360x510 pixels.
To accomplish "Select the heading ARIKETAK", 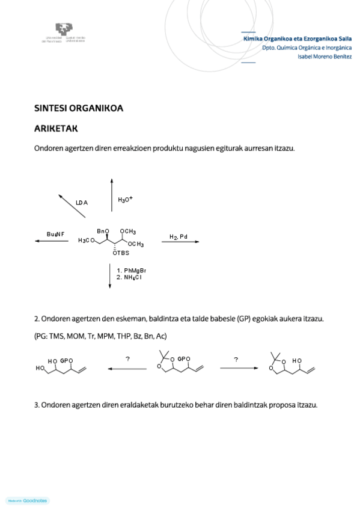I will [x=56, y=129].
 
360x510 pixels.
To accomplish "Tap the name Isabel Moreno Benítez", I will [x=325, y=57].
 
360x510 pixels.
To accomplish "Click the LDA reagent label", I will [x=82, y=203].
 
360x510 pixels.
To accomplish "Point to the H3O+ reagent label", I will [x=125, y=199].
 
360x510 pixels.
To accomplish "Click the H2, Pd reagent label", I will [x=178, y=236].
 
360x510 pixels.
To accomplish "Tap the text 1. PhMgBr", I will [x=132, y=271].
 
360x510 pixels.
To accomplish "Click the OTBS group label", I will [x=121, y=253].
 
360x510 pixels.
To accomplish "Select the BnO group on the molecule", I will [x=103, y=231].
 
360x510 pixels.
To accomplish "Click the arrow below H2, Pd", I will [x=180, y=242].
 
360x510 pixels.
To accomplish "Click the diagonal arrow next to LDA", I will [x=70, y=206].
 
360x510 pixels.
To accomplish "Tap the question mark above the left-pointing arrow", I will [x=127, y=359].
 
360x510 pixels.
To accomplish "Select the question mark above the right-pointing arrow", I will [x=236, y=359].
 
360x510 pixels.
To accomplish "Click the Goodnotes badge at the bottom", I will [x=27, y=500].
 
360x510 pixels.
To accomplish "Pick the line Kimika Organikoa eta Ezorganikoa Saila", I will [x=297, y=38].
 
